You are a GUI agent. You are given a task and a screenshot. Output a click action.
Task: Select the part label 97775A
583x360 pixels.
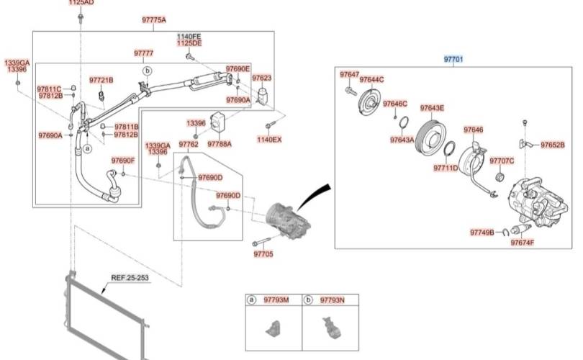pyautogui.click(x=154, y=19)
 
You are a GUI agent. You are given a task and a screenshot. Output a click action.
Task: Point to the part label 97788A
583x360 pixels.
pyautogui.click(x=220, y=144)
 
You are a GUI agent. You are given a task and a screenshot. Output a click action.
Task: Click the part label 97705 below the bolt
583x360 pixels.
pyautogui.click(x=263, y=254)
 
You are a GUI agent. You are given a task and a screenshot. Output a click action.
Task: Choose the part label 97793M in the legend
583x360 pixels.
pyautogui.click(x=276, y=300)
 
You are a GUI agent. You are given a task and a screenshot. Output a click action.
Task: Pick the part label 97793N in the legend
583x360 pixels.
pyautogui.click(x=332, y=300)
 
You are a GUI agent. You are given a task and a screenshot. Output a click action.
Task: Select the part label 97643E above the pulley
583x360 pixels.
pyautogui.click(x=432, y=108)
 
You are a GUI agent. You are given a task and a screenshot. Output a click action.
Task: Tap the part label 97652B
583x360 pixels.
pyautogui.click(x=552, y=144)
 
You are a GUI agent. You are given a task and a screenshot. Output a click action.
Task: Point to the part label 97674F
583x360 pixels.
pyautogui.click(x=523, y=243)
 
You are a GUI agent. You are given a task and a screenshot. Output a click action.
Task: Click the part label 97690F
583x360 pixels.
pyautogui.click(x=123, y=160)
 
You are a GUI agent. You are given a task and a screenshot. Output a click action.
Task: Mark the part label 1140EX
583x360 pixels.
pyautogui.click(x=269, y=139)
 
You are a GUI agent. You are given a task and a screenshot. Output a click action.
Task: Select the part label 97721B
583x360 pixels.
pyautogui.click(x=101, y=79)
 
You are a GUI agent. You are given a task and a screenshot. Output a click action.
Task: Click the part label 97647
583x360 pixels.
pyautogui.click(x=349, y=74)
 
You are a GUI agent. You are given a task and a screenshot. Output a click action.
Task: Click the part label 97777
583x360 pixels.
pyautogui.click(x=143, y=53)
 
